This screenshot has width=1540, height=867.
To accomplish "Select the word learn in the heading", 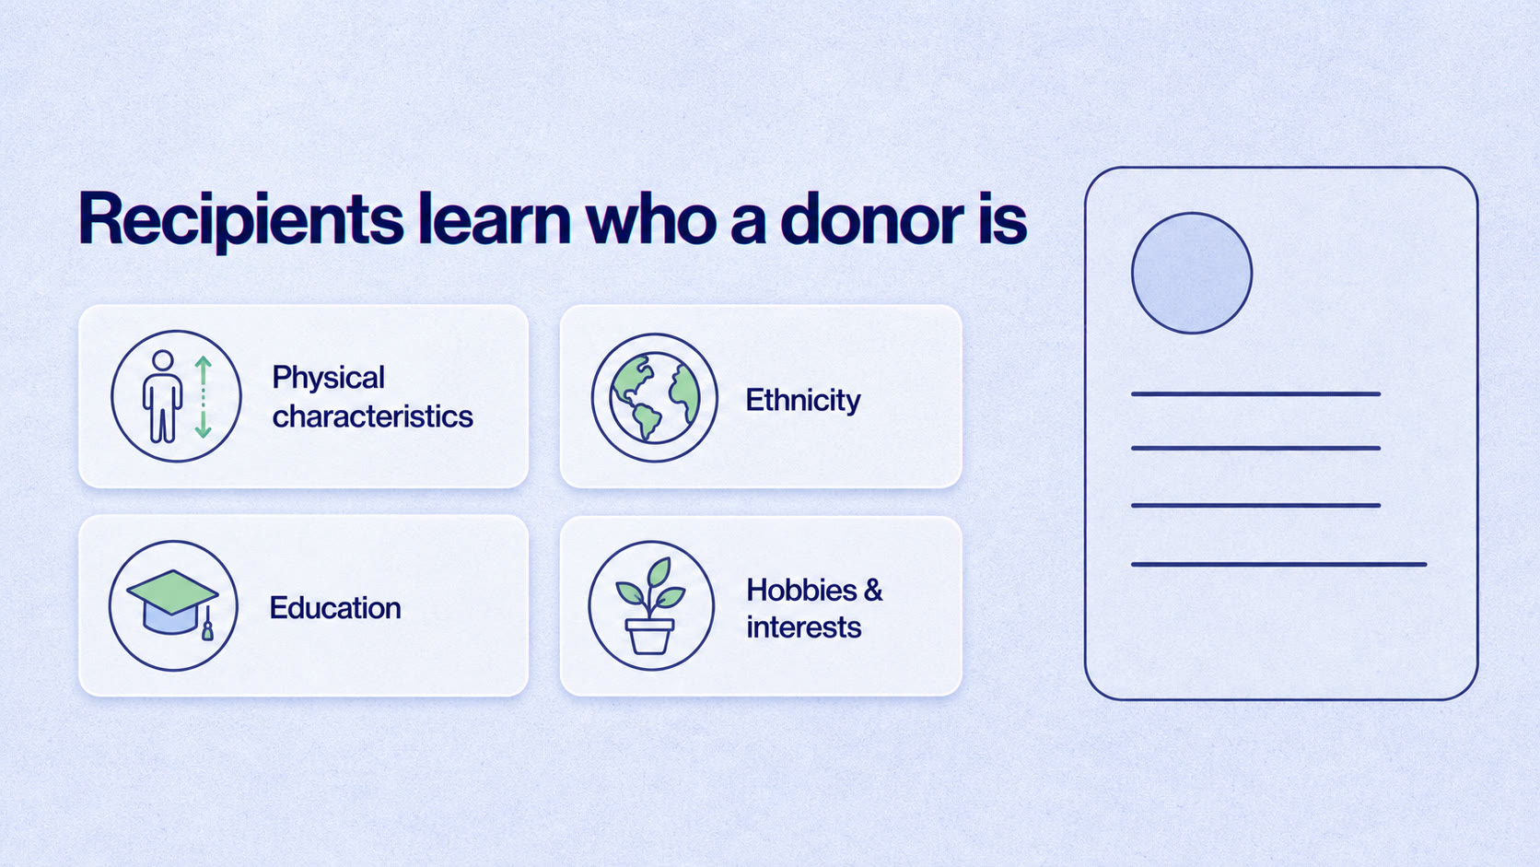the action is [x=495, y=218].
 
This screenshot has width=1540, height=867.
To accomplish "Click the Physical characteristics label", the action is [x=372, y=397].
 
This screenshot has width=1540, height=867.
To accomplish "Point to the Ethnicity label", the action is [x=802, y=400].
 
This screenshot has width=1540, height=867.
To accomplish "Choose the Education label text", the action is [x=335, y=608].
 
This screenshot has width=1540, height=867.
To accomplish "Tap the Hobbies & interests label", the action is [x=814, y=608].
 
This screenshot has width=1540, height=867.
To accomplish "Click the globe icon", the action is [x=655, y=397].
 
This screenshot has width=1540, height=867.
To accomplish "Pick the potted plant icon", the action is [x=650, y=605].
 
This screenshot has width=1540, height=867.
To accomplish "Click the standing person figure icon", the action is [x=162, y=396].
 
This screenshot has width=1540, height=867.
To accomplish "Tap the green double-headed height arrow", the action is [x=203, y=397].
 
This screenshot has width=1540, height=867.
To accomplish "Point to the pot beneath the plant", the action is [x=649, y=636].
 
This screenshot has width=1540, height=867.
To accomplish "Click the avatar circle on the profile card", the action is [x=1192, y=273].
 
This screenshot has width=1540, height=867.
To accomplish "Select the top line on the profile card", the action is [x=1255, y=394].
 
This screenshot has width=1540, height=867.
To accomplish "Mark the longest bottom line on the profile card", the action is [x=1278, y=565].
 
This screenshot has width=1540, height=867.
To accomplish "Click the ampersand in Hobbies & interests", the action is [x=872, y=590].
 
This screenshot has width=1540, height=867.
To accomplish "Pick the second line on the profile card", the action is [x=1255, y=449].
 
